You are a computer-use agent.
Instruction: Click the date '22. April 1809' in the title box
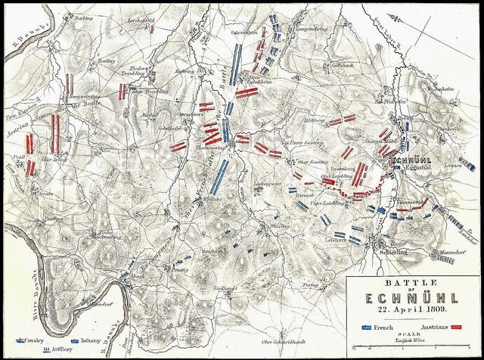[412, 309]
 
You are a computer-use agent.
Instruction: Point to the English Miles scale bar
[413, 349]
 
